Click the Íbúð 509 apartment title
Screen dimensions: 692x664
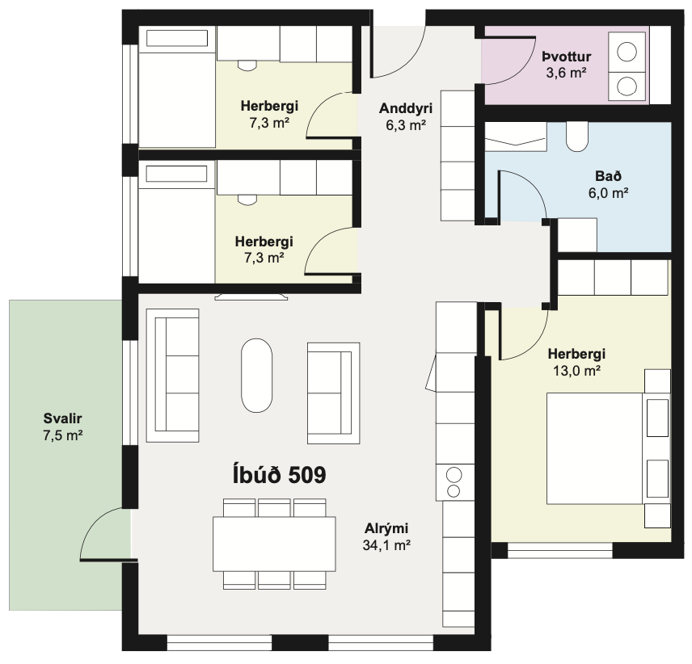click(279, 475)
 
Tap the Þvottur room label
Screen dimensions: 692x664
click(566, 57)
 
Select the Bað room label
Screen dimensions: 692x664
click(608, 176)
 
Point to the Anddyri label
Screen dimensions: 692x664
click(406, 108)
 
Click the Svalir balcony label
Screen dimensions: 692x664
click(63, 418)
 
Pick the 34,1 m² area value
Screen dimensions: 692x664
click(386, 545)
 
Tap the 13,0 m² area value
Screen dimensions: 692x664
click(576, 371)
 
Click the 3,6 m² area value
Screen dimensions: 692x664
click(566, 73)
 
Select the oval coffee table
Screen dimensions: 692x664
click(256, 375)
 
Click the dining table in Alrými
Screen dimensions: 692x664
click(274, 544)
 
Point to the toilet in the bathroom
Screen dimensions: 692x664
click(577, 137)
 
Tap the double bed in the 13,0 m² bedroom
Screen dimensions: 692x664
click(594, 448)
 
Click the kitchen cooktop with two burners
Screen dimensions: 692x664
click(455, 482)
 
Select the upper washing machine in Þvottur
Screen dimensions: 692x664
click(627, 52)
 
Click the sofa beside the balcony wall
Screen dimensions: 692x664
click(172, 375)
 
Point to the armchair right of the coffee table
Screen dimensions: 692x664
click(334, 393)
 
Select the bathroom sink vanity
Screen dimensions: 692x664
click(516, 137)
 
